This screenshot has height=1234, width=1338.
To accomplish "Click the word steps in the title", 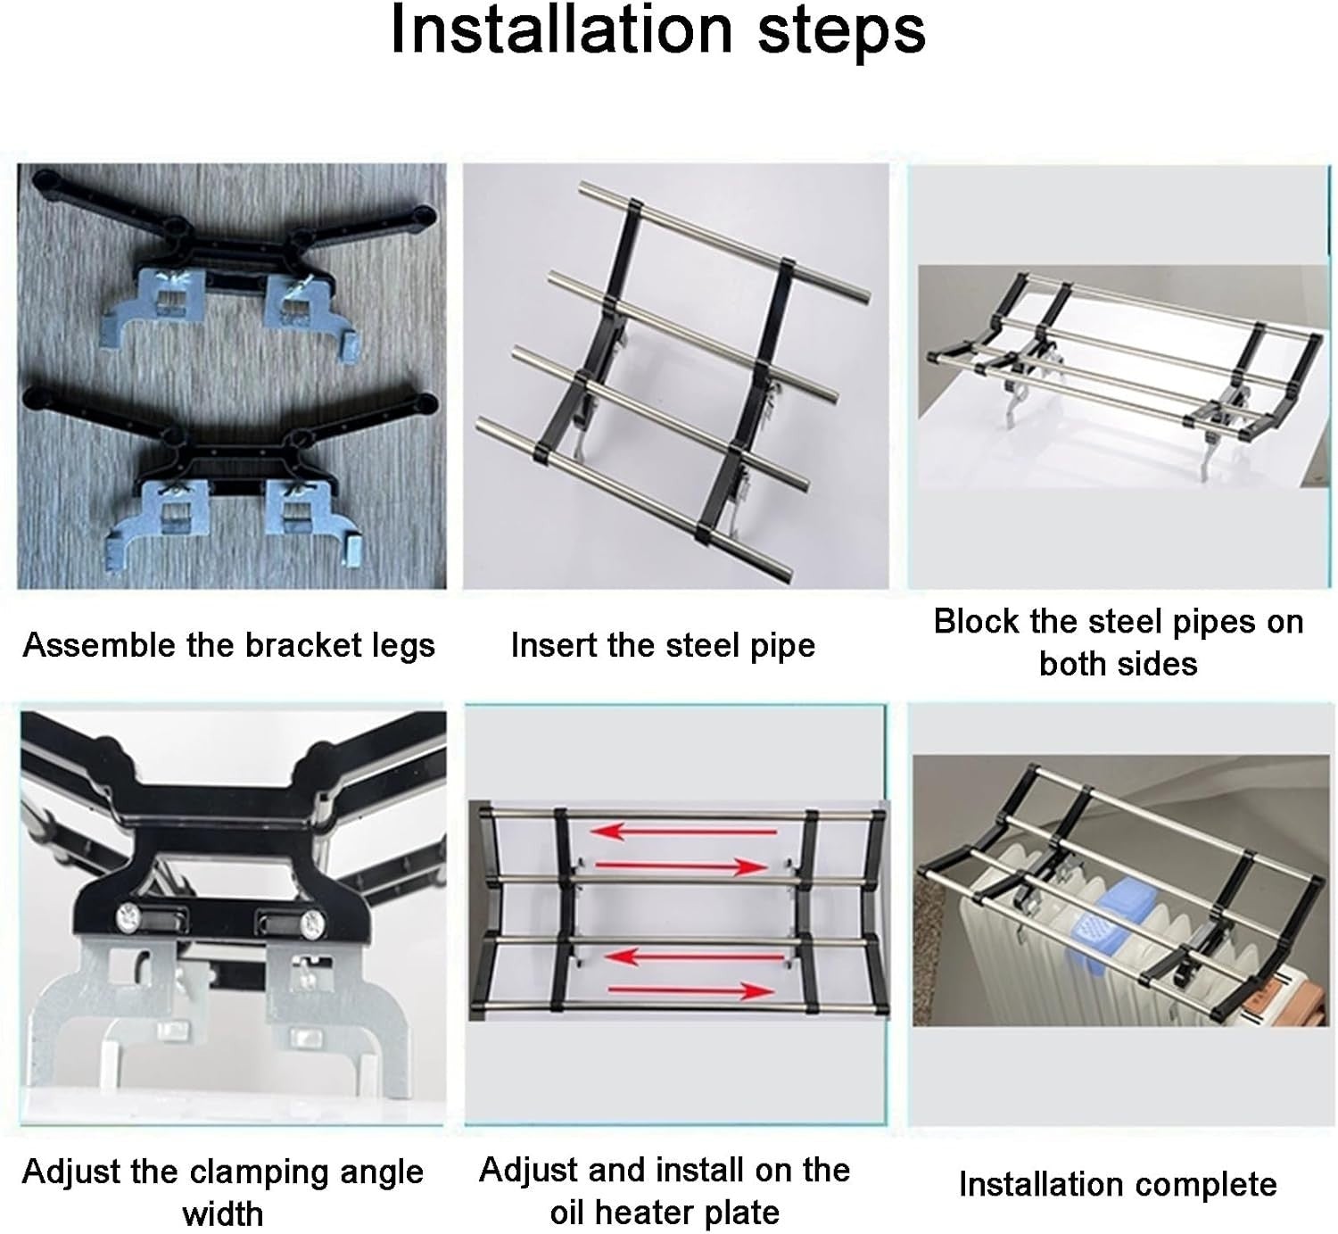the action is tap(842, 34).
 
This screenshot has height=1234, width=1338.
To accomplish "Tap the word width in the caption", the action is tap(222, 1214).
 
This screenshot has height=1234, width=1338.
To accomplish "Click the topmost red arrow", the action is tap(684, 832).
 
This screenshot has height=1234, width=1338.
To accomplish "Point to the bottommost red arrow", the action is tap(691, 990).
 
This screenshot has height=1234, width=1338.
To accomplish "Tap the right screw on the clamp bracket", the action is tap(312, 922).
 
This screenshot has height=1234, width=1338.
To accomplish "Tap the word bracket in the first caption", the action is tap(303, 645).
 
